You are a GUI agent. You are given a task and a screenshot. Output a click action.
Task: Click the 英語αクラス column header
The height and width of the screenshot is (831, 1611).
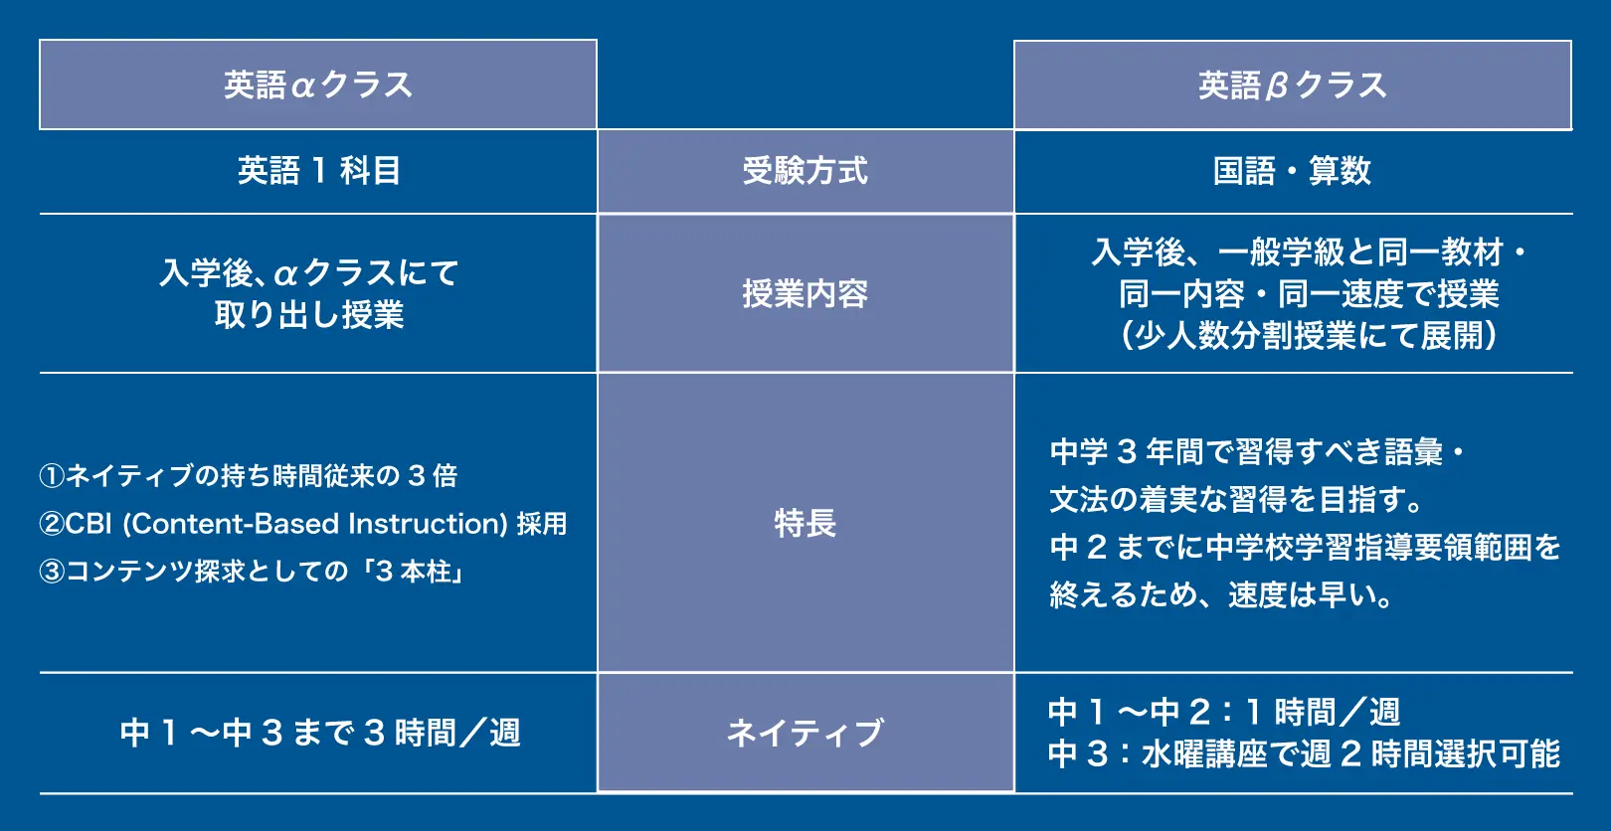pos(317,85)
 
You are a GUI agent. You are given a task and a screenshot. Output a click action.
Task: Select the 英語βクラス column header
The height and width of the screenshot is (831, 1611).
pos(1292,85)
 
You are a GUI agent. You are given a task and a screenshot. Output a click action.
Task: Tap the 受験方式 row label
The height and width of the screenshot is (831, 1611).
pos(805,171)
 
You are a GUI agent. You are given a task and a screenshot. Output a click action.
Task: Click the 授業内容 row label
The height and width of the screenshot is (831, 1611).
pos(805,294)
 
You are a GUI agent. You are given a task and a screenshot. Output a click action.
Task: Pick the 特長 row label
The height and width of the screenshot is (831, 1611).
pos(805,523)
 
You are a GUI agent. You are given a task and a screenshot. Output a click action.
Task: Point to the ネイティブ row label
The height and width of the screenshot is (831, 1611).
pos(805,734)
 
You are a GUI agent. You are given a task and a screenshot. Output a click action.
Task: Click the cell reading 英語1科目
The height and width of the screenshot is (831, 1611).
pos(318,171)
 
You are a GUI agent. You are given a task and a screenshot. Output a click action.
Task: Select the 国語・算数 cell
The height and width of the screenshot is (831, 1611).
pos(1292,171)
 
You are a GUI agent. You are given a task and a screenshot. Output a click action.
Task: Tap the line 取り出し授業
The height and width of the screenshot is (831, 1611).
pos(309,315)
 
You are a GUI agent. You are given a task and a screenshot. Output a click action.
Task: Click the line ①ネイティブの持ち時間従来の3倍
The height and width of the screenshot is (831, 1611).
pos(249,476)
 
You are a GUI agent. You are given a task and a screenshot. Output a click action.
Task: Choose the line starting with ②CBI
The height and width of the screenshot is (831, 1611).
pos(303,524)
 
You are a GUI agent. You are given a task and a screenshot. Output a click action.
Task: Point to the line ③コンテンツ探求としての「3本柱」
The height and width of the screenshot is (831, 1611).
pos(253,572)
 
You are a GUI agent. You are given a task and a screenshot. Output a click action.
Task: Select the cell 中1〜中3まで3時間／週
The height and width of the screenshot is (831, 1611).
pos(319,734)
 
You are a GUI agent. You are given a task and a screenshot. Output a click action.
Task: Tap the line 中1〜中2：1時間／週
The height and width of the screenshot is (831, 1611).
pos(1224,712)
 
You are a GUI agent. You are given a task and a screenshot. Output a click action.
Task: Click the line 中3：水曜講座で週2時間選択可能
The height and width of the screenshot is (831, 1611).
pos(1304,754)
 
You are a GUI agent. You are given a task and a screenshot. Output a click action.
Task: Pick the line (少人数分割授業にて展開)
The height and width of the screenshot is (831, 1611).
pos(1309,336)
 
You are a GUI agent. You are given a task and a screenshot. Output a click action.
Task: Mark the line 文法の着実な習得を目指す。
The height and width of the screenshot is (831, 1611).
pos(1237,499)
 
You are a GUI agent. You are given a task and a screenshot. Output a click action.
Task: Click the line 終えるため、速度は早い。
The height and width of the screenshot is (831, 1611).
pos(1222,594)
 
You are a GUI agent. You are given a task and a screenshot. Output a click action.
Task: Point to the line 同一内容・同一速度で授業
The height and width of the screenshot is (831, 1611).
pos(1309,294)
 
